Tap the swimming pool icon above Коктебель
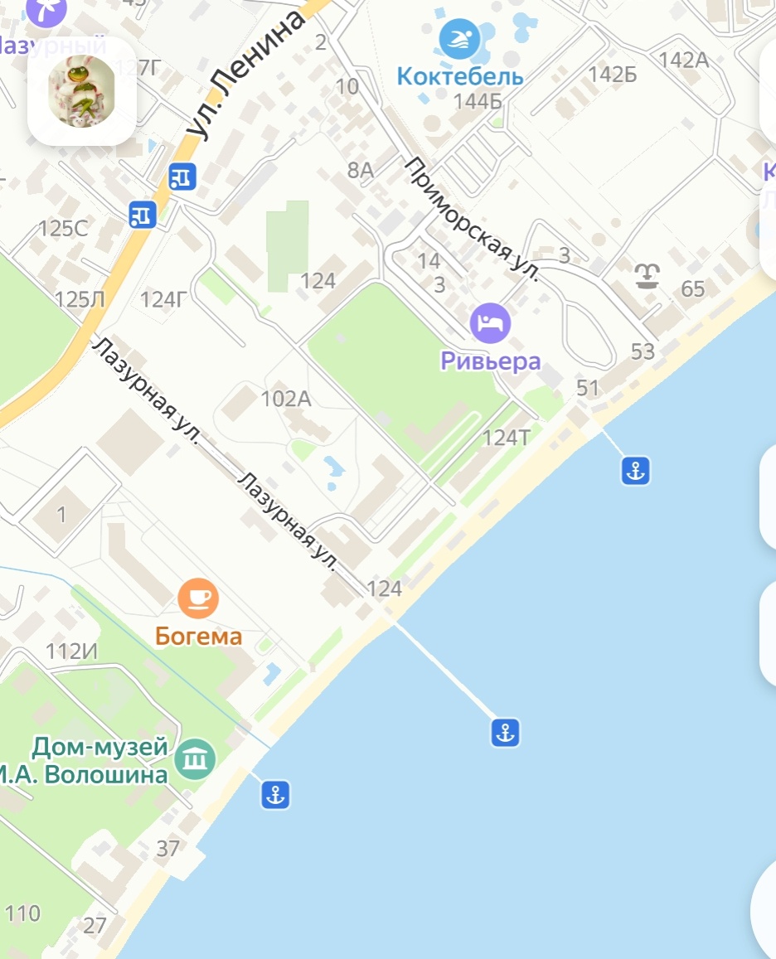(459, 39)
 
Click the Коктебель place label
(460, 77)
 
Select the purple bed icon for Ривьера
(491, 322)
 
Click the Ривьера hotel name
(491, 361)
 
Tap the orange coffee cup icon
(199, 597)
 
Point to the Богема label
(199, 637)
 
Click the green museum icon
(196, 758)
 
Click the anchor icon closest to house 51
(635, 471)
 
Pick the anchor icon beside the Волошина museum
(275, 794)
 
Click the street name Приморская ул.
(472, 220)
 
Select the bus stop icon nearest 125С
(143, 214)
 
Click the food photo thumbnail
(82, 91)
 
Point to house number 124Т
(506, 438)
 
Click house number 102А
(285, 400)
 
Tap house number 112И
(71, 651)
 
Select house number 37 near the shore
(168, 848)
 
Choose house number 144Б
(478, 102)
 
